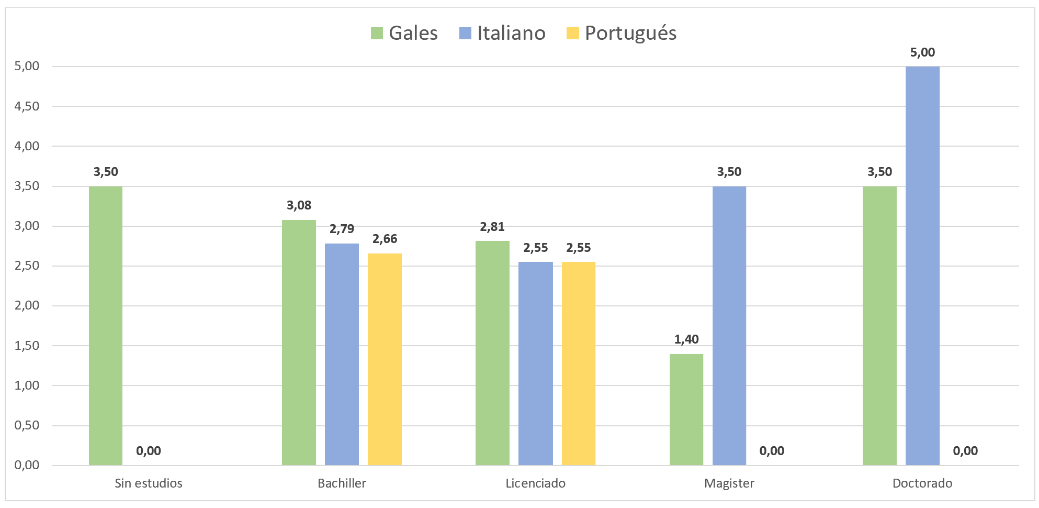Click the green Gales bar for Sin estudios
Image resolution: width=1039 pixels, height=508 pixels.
(106, 325)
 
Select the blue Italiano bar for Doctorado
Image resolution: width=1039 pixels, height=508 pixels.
(922, 266)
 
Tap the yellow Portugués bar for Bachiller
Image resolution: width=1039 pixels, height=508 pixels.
(385, 359)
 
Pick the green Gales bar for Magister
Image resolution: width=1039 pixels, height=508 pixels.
(686, 409)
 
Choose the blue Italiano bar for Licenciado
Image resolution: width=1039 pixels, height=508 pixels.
(535, 363)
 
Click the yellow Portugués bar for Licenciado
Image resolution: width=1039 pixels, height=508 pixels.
(578, 363)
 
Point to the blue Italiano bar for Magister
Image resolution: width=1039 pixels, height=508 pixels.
(729, 325)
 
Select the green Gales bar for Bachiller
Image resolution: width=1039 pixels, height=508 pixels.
(299, 342)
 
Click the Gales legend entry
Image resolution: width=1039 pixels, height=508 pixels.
(404, 33)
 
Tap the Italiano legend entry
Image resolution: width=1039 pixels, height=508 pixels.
(502, 33)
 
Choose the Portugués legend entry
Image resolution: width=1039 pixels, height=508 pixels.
(622, 33)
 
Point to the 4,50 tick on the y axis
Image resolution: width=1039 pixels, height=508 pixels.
(27, 106)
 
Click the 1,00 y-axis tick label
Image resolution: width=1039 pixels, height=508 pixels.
(27, 385)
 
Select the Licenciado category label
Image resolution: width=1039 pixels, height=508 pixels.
(535, 483)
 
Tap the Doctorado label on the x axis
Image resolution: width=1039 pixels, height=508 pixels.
(922, 483)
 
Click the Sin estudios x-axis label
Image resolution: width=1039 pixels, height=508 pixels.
(149, 483)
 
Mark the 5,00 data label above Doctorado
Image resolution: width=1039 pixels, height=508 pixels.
(922, 52)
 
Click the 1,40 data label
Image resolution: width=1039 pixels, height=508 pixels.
(686, 339)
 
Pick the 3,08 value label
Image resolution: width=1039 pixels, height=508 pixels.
(299, 205)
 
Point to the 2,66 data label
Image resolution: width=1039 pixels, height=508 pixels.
(385, 239)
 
